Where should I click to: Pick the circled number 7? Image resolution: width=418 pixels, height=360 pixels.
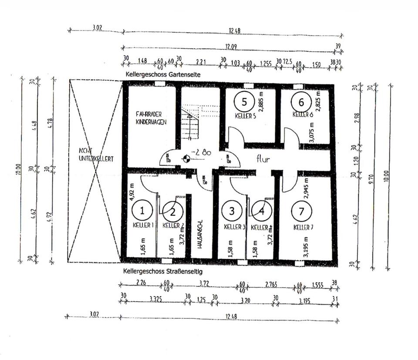pos(302,212)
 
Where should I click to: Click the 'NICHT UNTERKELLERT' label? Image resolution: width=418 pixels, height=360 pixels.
pos(96,155)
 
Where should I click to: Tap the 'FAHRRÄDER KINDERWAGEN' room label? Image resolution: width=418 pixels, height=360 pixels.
pos(151,119)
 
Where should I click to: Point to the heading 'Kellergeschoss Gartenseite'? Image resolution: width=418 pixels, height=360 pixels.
pos(163,75)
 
